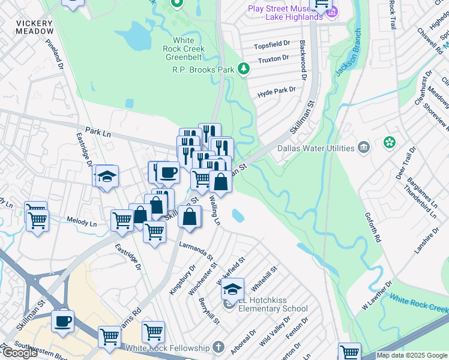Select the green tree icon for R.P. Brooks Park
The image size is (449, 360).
(x=244, y=70)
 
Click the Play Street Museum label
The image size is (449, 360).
(x=287, y=13)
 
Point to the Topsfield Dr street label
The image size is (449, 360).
(x=272, y=44)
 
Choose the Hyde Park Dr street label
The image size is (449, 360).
(x=277, y=89)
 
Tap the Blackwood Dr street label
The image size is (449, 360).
(x=303, y=61)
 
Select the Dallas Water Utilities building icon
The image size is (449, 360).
(x=364, y=148)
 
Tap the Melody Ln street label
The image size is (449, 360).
(x=81, y=222)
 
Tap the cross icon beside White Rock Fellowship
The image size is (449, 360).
(x=218, y=348)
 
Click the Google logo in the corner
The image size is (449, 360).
(x=20, y=353)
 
